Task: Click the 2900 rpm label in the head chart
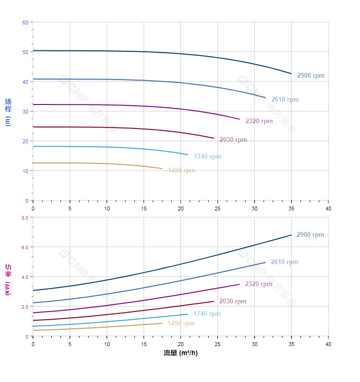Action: (310, 76)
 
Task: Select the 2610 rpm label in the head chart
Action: (284, 100)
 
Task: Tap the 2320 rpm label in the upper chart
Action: (259, 121)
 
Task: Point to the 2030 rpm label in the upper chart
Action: (233, 140)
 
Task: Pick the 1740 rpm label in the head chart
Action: (207, 157)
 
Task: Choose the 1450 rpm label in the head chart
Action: (181, 171)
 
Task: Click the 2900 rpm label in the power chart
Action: (310, 235)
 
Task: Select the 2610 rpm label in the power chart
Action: (284, 262)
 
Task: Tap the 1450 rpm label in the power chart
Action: (181, 324)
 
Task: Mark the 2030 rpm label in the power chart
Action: (233, 301)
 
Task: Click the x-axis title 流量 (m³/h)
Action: (180, 353)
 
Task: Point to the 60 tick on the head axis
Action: (25, 23)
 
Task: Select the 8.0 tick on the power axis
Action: (24, 218)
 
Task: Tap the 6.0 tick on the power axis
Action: (24, 247)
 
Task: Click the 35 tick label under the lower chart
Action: (291, 344)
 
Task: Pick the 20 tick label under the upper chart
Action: (180, 208)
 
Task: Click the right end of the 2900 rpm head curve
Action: (291, 74)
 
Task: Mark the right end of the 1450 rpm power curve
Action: (162, 323)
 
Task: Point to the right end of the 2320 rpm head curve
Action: (239, 119)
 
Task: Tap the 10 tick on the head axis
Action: (25, 171)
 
